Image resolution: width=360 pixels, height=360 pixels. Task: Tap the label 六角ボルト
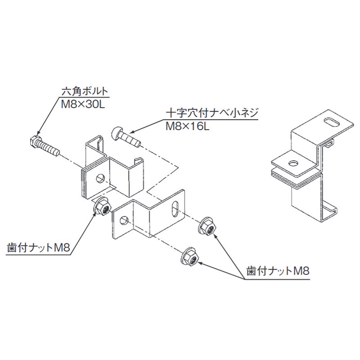pos(85,91)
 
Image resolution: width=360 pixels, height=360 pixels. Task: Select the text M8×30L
pos(83,105)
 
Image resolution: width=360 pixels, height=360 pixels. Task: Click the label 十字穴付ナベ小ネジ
pos(212,113)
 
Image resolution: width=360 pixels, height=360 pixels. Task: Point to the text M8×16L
pos(188,126)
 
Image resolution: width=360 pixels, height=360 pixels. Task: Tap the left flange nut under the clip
pos(102,207)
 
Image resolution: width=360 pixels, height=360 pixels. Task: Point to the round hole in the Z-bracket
pos(124,220)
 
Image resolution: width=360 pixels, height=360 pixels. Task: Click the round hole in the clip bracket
pos(100,178)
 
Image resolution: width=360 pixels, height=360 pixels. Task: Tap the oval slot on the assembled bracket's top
pos(332,121)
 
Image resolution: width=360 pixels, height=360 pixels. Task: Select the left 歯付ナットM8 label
pos(38,248)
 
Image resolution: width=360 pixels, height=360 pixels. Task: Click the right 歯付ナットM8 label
pos(278,271)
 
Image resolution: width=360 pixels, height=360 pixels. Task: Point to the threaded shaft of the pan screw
pos(130,139)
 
